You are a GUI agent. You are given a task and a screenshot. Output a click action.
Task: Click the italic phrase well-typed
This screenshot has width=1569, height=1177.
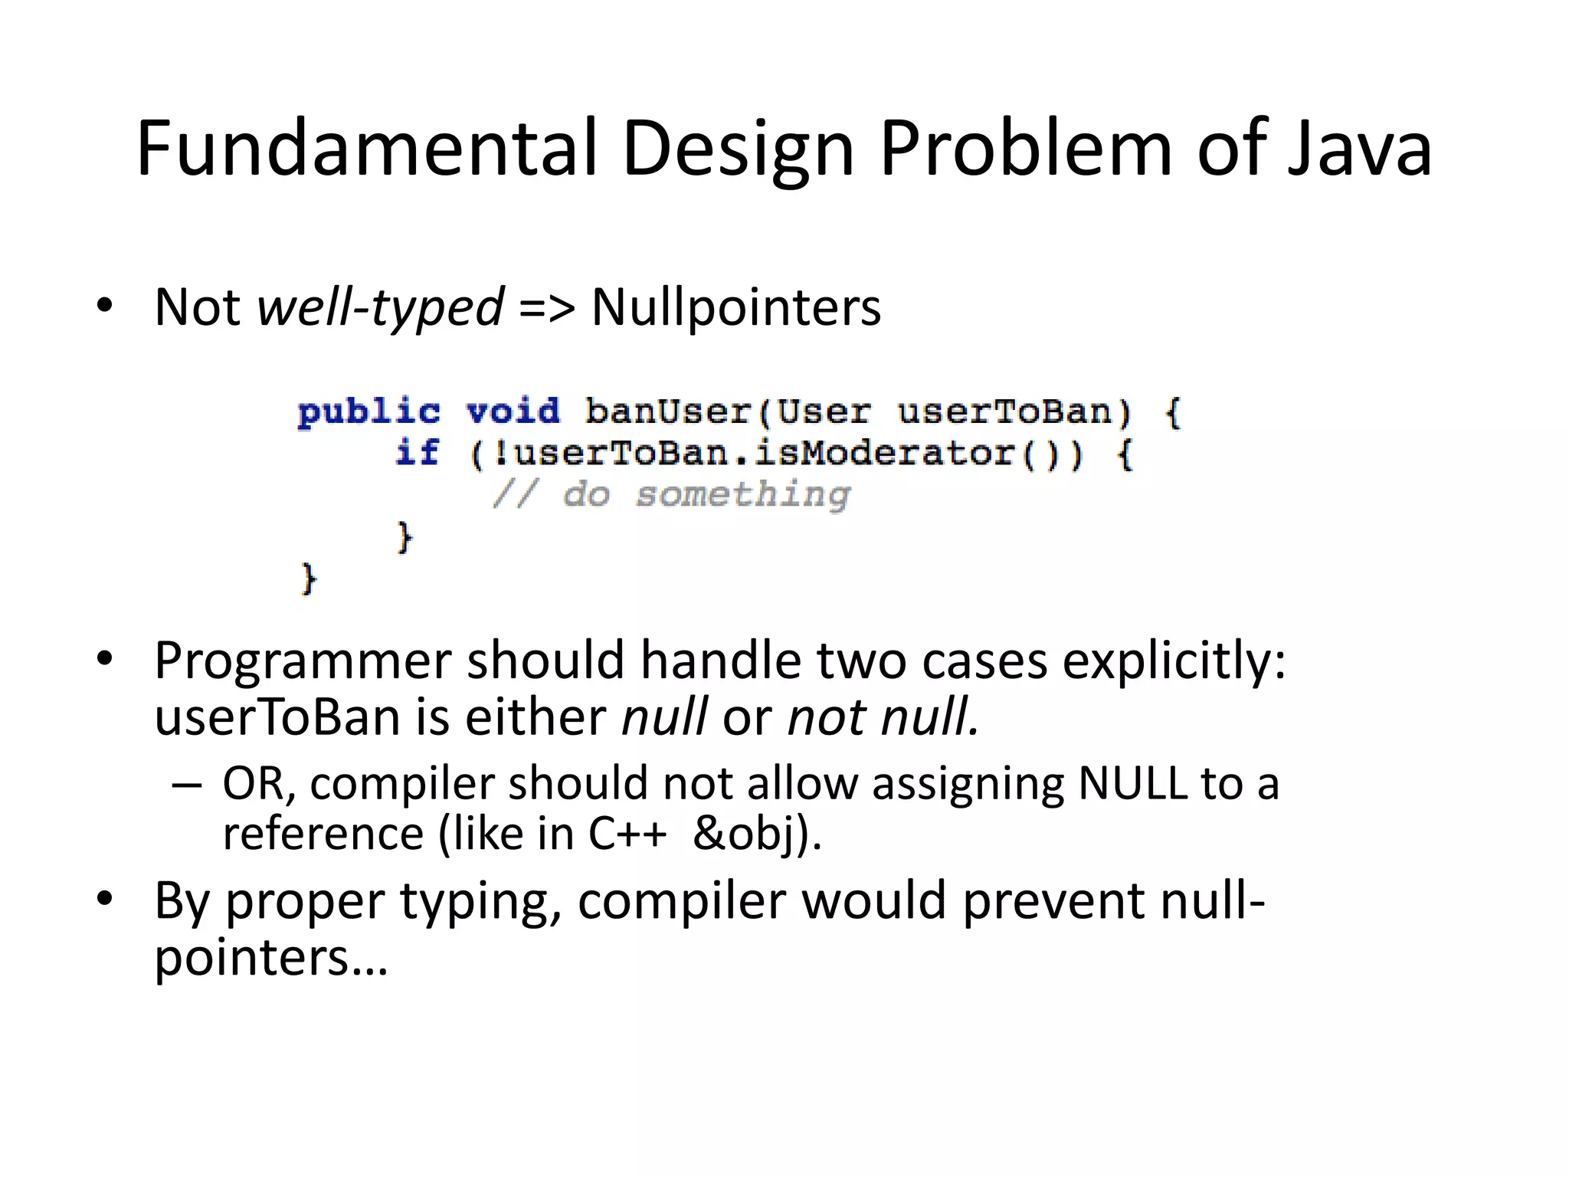click(380, 307)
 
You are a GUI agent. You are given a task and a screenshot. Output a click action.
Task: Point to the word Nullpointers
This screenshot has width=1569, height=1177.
click(736, 307)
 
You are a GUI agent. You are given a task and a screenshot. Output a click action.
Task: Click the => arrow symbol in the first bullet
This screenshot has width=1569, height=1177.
click(546, 307)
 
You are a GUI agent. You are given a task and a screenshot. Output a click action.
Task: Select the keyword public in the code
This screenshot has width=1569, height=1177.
click(369, 412)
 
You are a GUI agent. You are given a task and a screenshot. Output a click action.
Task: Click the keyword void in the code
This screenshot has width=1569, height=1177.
click(513, 412)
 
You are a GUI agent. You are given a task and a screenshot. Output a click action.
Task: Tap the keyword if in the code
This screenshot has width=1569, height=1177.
click(418, 453)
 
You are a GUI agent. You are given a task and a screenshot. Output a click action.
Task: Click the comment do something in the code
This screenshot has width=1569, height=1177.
click(705, 494)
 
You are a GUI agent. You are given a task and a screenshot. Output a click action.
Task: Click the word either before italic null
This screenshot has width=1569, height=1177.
click(536, 717)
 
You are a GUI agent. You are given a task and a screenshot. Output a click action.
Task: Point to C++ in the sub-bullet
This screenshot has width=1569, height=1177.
click(627, 833)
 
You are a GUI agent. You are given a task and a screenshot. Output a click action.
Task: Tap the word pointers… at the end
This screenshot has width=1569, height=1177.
click(271, 958)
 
